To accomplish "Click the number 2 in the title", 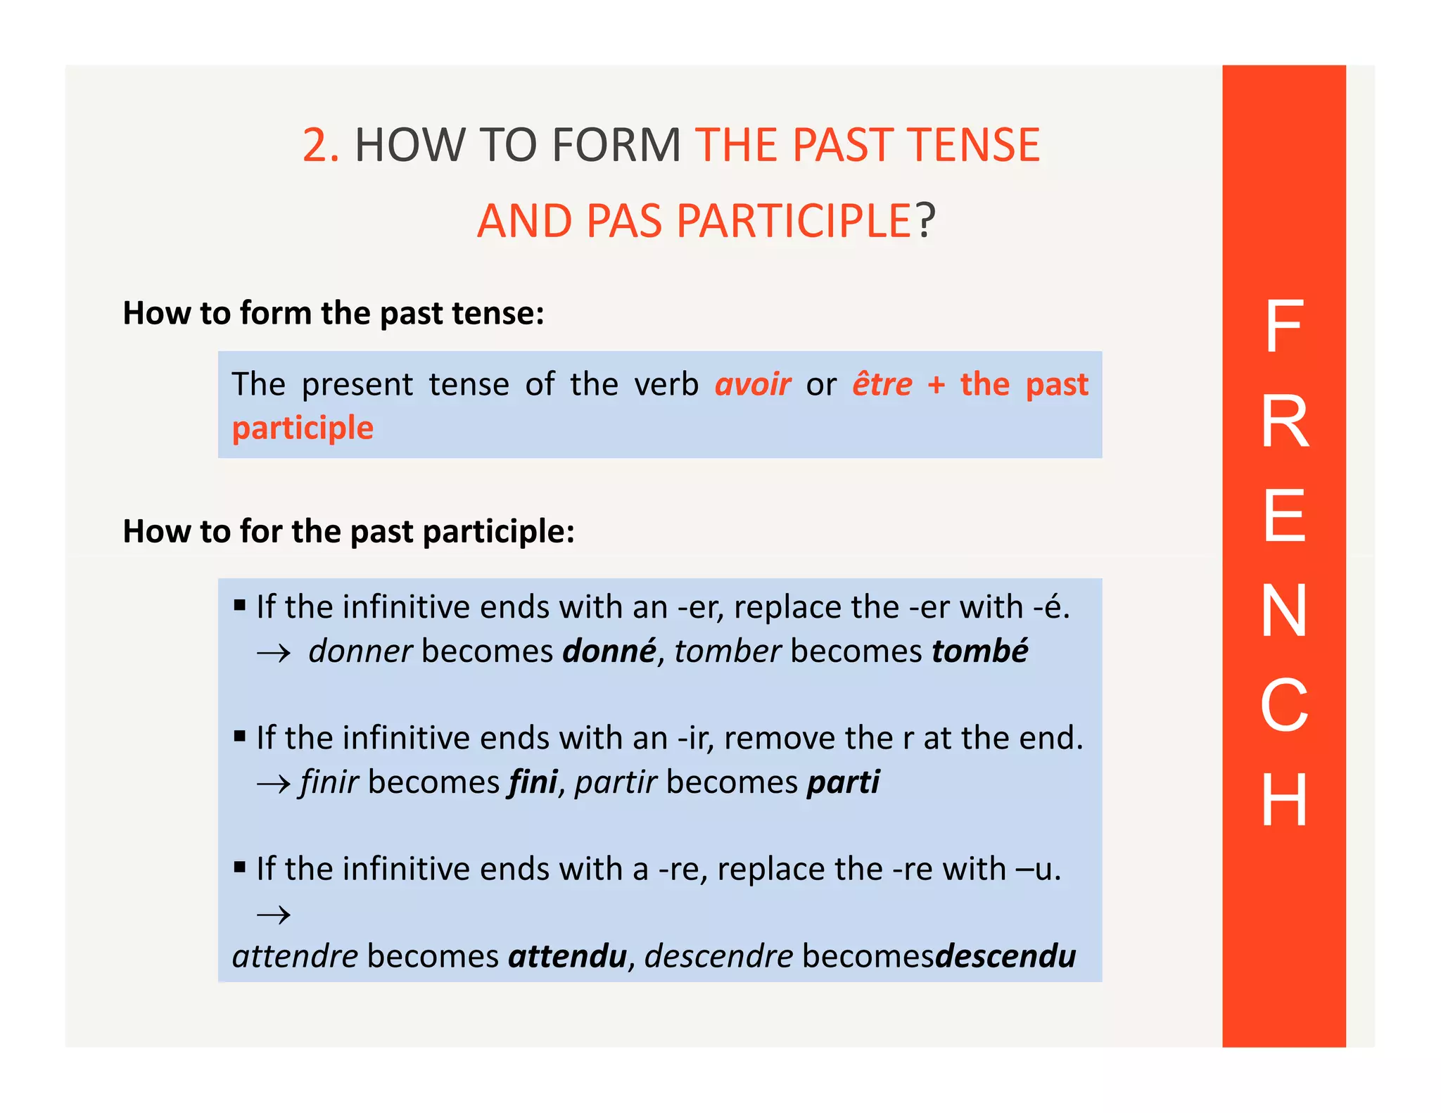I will (315, 146).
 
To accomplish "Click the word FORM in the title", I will (616, 146).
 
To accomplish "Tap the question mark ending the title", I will (926, 221).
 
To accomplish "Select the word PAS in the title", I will (624, 221).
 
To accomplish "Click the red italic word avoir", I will (752, 385).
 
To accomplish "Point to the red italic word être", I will (882, 385).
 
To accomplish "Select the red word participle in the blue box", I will (303, 428).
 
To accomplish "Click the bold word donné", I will (609, 651).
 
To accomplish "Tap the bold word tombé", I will (979, 651).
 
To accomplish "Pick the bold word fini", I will (533, 782).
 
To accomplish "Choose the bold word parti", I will (843, 782).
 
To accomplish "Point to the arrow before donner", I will (274, 654).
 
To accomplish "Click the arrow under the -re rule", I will (274, 915).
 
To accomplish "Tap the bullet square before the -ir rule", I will (240, 737).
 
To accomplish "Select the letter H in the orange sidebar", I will (1284, 799).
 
